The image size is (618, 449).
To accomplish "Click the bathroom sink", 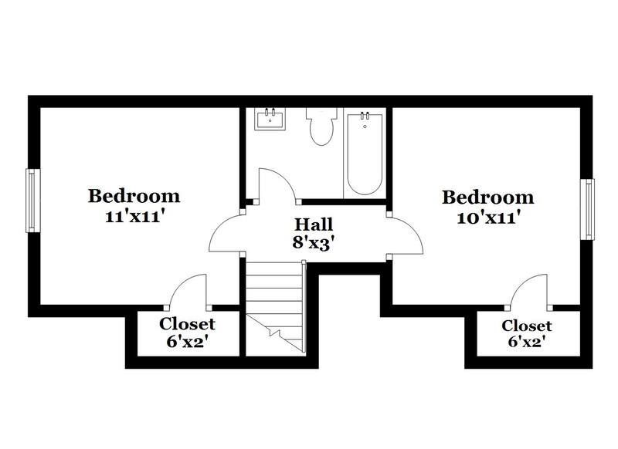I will coord(271,119).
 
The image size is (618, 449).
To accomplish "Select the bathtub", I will coord(365,154).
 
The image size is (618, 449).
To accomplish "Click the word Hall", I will coord(314,226).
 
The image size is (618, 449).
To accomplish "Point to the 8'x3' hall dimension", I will coord(314,245).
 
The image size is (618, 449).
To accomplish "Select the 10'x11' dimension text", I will coord(487,218).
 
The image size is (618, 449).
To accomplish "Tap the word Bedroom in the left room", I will coord(134,196).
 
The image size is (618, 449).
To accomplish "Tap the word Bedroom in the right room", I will coord(487,197).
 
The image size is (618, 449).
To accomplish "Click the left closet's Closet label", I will coord(187,324).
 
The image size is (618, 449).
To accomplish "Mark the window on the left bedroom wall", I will coord(32,200).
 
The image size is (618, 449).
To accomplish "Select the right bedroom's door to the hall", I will coord(408,235).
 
